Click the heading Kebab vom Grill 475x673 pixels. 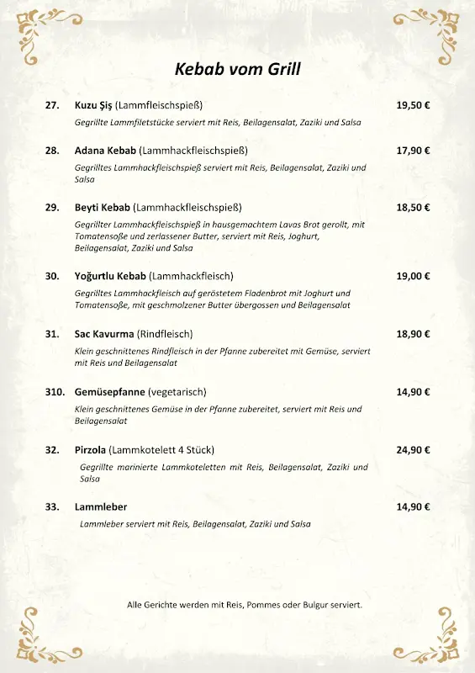(237, 70)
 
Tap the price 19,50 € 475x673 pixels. (413, 105)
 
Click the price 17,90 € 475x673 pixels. (413, 151)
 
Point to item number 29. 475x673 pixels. (52, 207)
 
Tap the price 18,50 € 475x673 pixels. (413, 207)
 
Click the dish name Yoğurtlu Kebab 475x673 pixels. (109, 276)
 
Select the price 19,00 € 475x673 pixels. (413, 276)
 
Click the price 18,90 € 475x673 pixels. (413, 334)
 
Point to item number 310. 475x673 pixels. (55, 392)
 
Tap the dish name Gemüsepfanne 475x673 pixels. (109, 392)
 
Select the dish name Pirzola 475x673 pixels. (91, 450)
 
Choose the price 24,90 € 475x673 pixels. (413, 450)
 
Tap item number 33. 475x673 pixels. (52, 507)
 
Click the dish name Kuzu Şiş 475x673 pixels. (93, 105)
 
